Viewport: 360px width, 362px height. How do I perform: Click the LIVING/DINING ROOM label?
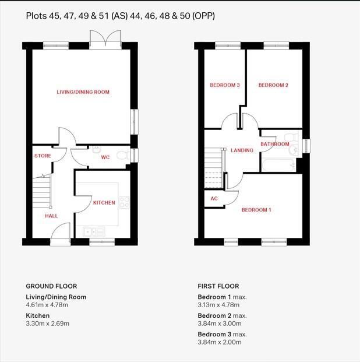83,92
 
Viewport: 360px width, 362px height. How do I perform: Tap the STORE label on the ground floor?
43,156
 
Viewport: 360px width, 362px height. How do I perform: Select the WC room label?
105,157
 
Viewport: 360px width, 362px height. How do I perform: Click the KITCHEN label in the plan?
104,203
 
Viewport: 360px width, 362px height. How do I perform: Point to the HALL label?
51,216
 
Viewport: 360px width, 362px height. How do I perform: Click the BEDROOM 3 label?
225,86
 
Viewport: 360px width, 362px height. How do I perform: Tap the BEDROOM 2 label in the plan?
273,86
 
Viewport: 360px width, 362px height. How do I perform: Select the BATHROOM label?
275,144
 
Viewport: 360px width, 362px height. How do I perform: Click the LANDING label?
242,150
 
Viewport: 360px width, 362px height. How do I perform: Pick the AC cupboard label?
214,199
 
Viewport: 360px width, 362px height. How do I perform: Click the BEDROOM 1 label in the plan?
256,210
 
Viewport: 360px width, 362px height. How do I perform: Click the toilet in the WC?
122,154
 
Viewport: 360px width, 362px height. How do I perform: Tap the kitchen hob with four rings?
123,202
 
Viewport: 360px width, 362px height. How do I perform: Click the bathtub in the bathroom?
277,165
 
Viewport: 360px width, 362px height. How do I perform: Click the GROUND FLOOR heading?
51,286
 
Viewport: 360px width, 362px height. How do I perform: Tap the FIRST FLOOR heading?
218,286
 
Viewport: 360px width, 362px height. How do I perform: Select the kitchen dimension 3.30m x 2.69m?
48,324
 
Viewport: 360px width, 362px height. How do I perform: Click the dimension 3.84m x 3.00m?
220,324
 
